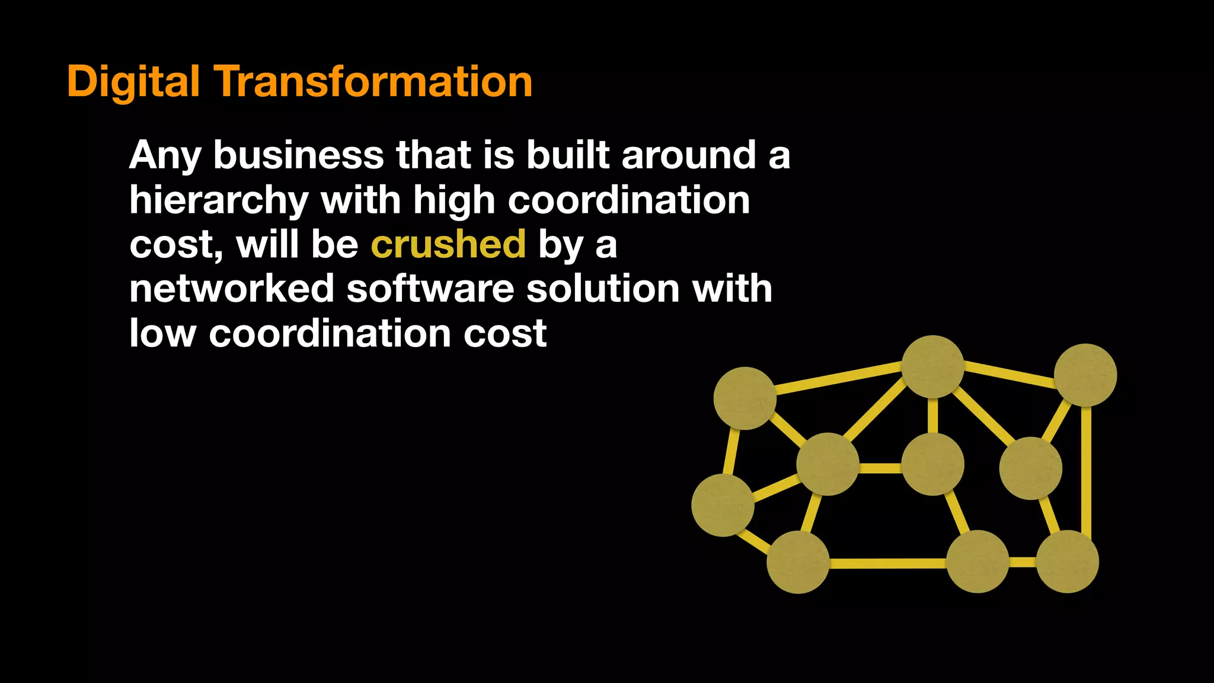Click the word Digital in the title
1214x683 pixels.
coord(133,82)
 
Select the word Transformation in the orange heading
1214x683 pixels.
coord(373,82)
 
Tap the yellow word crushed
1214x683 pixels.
coord(448,244)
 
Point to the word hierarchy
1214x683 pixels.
coord(219,200)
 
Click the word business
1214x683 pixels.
coord(298,155)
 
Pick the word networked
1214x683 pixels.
coord(232,289)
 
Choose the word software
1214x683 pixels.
coord(431,289)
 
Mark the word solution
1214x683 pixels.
coord(603,289)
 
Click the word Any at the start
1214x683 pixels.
coord(165,156)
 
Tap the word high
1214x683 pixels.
coord(453,200)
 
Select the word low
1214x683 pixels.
coord(162,333)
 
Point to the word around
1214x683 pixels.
coord(688,155)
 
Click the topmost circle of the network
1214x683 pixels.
coord(932,366)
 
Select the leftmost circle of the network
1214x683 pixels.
coord(723,505)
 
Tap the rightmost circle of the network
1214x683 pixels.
coord(1085,375)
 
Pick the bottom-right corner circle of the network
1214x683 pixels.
coord(1067,561)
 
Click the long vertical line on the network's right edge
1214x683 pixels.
coord(1086,468)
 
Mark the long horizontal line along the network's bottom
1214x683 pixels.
coord(887,563)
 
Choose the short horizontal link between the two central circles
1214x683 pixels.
coord(880,468)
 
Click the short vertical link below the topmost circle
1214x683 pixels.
coord(932,415)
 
